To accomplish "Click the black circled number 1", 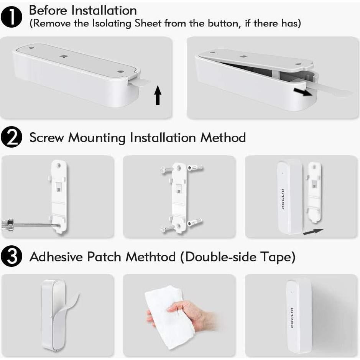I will click(x=13, y=18).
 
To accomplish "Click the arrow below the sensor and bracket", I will click(x=313, y=231).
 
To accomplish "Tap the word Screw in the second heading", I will click(x=47, y=138).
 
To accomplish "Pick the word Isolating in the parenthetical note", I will click(x=108, y=23).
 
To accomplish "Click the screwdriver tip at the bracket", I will click(x=57, y=227).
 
